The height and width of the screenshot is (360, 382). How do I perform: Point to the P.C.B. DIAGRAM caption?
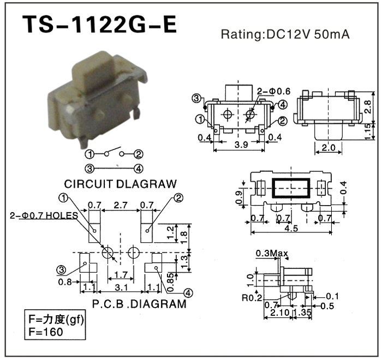coord(139,303)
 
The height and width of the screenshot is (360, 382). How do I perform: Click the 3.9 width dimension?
coord(238,145)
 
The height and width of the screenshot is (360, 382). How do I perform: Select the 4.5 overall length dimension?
coord(291,229)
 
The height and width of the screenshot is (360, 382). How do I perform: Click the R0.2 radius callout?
coord(253,297)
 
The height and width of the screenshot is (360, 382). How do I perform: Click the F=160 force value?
coord(46,332)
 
